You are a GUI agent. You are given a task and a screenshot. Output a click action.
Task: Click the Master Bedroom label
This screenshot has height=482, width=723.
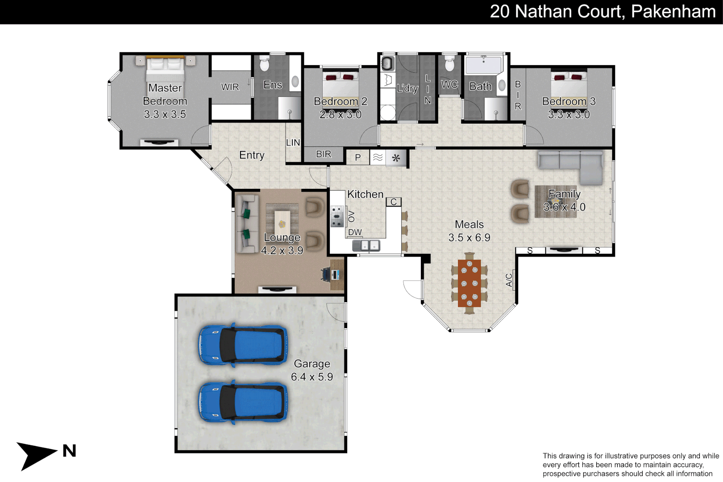pos(165,101)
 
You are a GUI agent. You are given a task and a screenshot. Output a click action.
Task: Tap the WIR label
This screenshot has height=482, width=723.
pos(230,87)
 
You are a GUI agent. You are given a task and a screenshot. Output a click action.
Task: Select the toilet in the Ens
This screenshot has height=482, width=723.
pos(265,64)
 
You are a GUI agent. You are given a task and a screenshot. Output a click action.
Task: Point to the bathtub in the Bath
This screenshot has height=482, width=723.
pos(483,65)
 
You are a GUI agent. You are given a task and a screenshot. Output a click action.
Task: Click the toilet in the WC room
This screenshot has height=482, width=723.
pos(449,64)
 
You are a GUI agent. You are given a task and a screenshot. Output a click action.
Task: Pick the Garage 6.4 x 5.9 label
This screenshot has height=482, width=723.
pos(312,370)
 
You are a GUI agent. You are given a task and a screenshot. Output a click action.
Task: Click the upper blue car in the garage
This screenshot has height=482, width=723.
pos(243,345)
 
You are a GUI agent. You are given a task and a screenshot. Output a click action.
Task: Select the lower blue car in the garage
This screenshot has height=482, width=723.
pos(243,402)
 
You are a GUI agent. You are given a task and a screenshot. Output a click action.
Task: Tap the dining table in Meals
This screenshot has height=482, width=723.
pos(469,283)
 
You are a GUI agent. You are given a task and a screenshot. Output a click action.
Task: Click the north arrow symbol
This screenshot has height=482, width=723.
pos(36,454)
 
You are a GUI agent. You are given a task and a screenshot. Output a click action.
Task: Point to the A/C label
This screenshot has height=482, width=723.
pos(509,280)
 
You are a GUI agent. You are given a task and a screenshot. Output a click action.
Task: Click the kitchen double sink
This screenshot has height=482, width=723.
pos(366,245)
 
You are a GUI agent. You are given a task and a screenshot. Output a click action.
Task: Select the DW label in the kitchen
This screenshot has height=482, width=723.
pos(355,233)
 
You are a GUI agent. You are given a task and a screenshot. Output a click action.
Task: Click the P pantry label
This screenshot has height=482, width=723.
pos(358,158)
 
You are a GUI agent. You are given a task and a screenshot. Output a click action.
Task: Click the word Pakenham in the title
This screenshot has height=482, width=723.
pos(673,12)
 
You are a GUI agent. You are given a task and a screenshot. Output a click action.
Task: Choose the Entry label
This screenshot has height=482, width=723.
pos(252,155)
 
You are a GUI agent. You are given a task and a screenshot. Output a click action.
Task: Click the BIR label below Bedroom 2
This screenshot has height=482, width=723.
pos(324,154)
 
